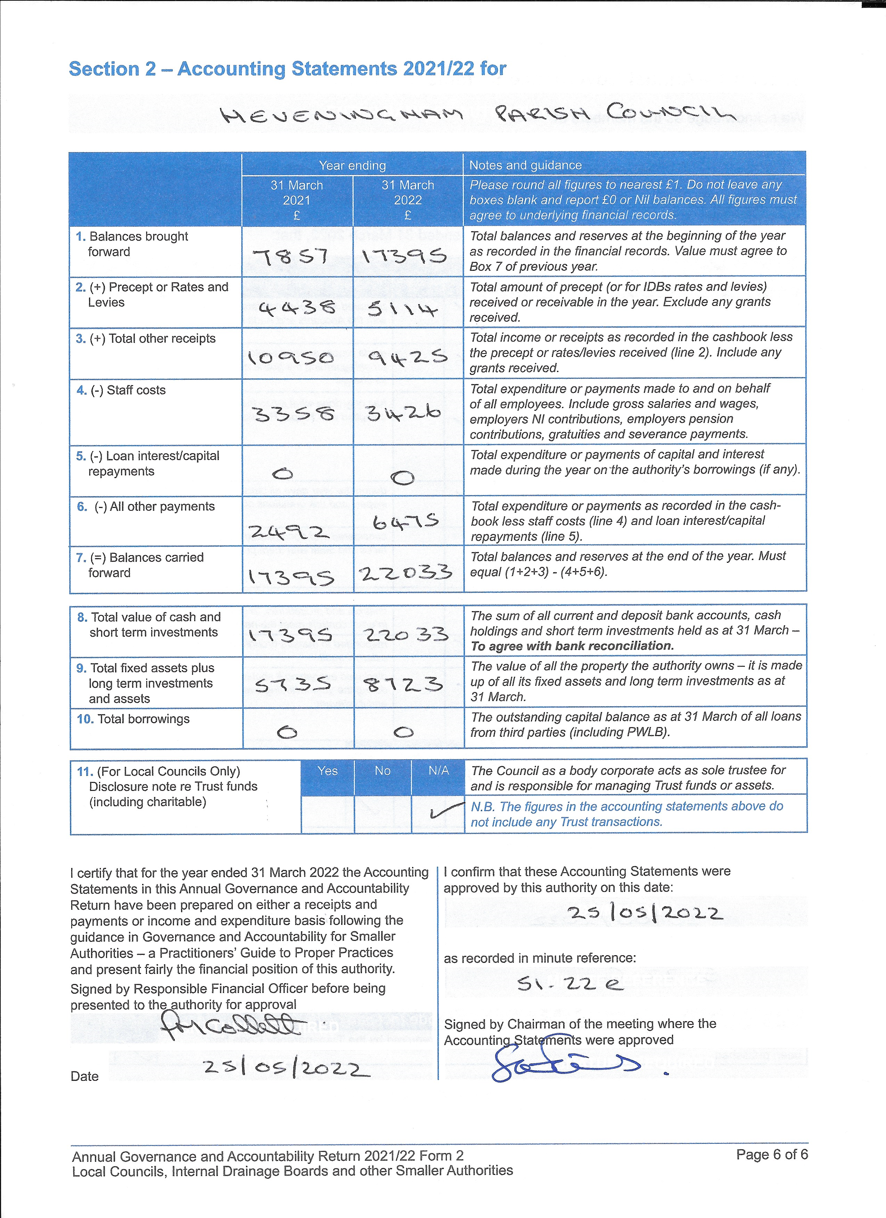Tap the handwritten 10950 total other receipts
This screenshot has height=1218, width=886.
click(x=291, y=358)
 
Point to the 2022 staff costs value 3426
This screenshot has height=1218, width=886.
click(x=403, y=412)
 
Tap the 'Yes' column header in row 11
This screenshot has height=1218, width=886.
click(x=327, y=771)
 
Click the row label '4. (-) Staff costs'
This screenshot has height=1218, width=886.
click(x=121, y=390)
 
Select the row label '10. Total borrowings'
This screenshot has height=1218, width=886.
click(x=133, y=719)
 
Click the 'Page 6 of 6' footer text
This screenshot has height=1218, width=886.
click(x=772, y=1154)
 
